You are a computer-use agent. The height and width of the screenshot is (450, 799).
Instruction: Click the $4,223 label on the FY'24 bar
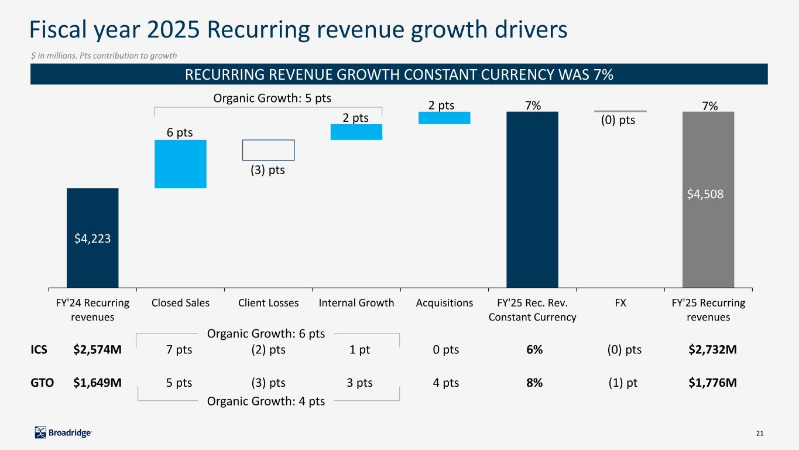click(92, 238)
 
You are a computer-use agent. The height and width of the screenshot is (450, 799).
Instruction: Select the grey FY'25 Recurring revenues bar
click(708, 246)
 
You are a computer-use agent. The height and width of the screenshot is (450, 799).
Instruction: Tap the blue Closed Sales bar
click(180, 163)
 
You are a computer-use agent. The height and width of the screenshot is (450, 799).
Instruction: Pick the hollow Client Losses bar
click(268, 150)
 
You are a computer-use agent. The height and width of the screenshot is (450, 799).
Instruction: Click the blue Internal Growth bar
click(356, 132)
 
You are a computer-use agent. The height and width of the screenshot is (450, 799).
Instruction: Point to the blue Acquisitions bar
click(444, 118)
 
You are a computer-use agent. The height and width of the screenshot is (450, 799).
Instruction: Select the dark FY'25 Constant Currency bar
click(532, 199)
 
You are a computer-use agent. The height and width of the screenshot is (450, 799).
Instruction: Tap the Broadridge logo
click(63, 432)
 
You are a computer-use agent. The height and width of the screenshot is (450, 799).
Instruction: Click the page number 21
click(760, 433)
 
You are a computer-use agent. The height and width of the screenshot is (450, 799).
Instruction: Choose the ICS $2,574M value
click(98, 350)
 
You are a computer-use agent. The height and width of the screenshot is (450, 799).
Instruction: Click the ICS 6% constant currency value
click(534, 350)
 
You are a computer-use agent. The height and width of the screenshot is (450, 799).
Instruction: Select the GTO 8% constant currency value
click(534, 383)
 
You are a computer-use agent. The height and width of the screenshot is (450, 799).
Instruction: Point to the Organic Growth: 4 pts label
click(266, 401)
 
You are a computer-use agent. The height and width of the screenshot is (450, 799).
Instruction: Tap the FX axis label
click(620, 303)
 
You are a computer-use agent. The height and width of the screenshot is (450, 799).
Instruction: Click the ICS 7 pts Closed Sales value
click(180, 350)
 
